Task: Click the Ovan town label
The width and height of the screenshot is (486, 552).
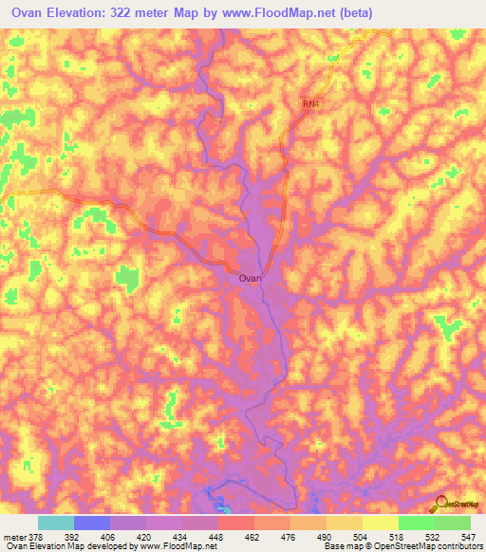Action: point(250,279)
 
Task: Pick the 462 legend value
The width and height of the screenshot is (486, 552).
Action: point(250,536)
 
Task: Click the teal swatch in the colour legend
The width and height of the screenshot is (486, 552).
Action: point(56,523)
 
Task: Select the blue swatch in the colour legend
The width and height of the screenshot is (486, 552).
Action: point(92,523)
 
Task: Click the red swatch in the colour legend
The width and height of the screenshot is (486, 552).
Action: point(236,523)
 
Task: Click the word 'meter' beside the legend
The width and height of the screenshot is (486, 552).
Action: point(14,536)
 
